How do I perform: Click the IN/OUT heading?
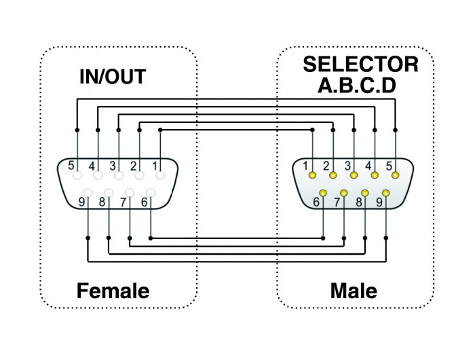pos(113,76)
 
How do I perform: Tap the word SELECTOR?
pos(360,65)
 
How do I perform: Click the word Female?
pos(113,291)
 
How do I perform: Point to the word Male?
pos(354,291)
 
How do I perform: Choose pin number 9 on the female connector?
pos(88,193)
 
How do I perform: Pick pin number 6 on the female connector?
pos(150,193)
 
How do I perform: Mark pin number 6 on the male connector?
pos(322,193)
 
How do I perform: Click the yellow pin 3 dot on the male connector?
pos(354,175)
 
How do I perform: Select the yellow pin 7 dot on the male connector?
pos(343,193)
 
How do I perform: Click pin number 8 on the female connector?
pos(109,193)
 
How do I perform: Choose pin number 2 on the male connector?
pos(332,175)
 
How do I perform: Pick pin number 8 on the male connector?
pos(364,193)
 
